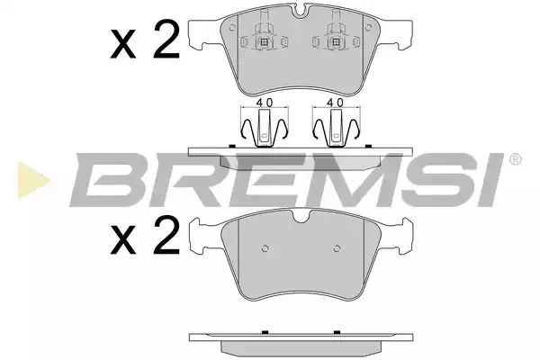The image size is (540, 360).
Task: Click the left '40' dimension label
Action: click(x=265, y=103)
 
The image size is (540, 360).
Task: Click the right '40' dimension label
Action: click(x=335, y=103)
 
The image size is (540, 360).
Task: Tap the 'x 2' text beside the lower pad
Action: click(x=145, y=236)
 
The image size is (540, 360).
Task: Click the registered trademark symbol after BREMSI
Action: click(x=515, y=159)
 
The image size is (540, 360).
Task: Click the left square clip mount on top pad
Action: click(x=265, y=42)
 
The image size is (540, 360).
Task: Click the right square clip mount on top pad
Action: click(x=335, y=42)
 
